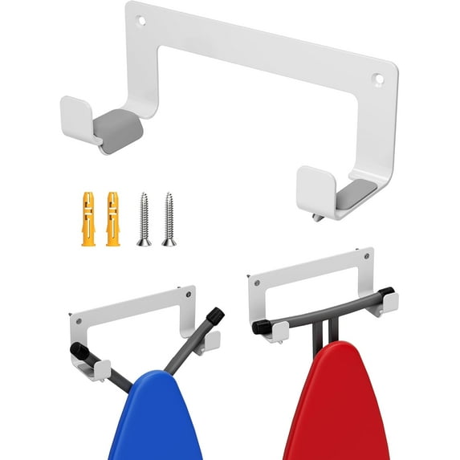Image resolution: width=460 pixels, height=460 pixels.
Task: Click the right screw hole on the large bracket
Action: (377, 79)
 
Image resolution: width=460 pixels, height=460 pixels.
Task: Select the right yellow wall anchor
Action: (113, 218)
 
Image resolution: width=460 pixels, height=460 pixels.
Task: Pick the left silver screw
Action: (144, 218)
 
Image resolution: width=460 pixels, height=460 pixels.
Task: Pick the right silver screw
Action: (168, 218)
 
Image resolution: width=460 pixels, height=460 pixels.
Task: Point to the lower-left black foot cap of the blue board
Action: (78, 351)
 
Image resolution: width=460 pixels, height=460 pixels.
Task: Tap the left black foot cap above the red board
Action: (260, 327)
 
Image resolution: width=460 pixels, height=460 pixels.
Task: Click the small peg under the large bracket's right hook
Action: (320, 216)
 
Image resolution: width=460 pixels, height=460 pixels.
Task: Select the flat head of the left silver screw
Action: (144, 241)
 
